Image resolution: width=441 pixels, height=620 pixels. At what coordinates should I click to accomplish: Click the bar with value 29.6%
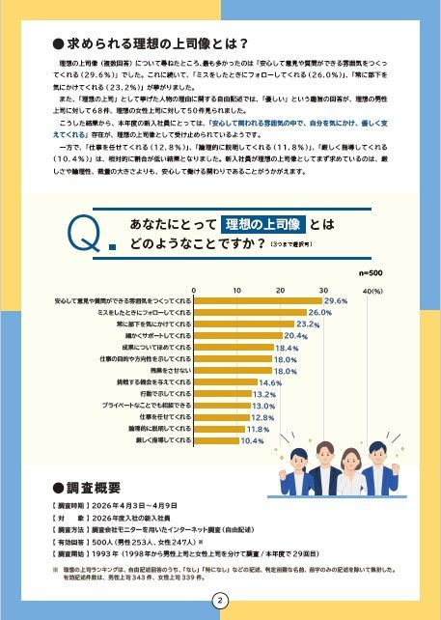258,302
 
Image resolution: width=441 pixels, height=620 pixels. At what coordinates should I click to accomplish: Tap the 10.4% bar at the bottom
217,439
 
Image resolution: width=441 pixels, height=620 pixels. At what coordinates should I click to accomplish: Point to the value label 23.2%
308,325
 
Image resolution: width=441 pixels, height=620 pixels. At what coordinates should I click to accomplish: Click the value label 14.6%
271,382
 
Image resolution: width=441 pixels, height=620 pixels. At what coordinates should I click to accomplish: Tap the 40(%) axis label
372,290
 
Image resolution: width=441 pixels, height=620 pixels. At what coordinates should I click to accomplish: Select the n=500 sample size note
372,273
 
